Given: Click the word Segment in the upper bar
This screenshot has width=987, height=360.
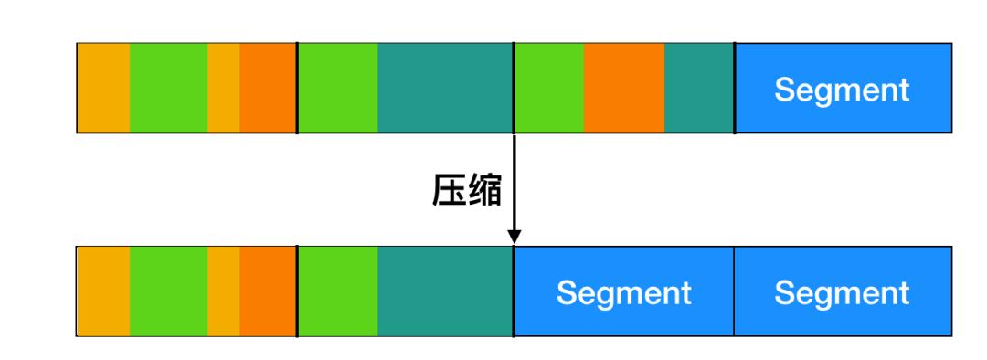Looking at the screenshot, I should [x=842, y=90].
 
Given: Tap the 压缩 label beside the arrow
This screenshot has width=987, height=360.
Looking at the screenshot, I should [x=467, y=190].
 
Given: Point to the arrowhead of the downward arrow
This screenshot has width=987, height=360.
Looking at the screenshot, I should [x=515, y=237].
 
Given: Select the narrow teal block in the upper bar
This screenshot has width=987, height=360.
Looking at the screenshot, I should [x=699, y=89].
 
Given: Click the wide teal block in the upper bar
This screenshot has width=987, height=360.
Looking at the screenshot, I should [x=445, y=89].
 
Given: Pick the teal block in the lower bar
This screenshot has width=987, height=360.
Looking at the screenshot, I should [x=445, y=291].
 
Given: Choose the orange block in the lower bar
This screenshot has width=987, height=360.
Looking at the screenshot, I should [x=268, y=291].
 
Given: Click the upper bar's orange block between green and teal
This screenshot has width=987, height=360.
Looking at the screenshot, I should [x=623, y=89].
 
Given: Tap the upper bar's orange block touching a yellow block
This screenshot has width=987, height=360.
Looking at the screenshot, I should [x=268, y=89].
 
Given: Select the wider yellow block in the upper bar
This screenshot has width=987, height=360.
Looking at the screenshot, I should [x=103, y=89].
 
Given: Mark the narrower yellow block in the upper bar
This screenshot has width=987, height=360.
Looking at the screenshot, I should [x=223, y=89].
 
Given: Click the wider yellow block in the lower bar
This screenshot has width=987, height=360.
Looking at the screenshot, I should [x=103, y=291].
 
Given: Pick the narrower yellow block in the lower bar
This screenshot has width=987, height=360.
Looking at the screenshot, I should [x=223, y=291].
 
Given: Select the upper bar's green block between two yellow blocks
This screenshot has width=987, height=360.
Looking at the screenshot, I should [x=168, y=89].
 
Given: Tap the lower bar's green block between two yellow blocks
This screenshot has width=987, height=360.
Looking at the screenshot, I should [x=168, y=291].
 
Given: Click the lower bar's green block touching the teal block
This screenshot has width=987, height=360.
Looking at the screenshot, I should [x=337, y=291].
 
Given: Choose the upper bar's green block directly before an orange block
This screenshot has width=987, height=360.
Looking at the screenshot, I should [x=548, y=89].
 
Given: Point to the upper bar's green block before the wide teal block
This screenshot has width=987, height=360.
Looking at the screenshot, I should [x=337, y=89].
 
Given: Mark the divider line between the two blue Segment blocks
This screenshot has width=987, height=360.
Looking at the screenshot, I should [x=734, y=291].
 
